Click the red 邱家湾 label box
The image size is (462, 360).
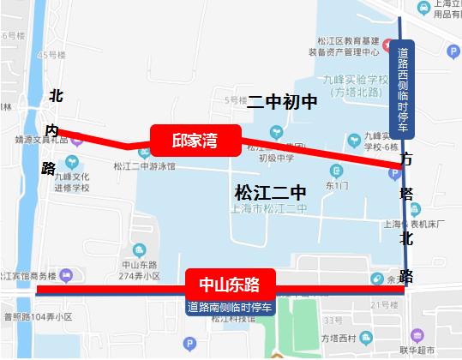click(x=194, y=141)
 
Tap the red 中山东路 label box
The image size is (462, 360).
click(x=229, y=282)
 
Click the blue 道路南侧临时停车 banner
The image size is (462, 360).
click(x=229, y=306)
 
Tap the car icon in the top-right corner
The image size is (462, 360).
click(x=423, y=7)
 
